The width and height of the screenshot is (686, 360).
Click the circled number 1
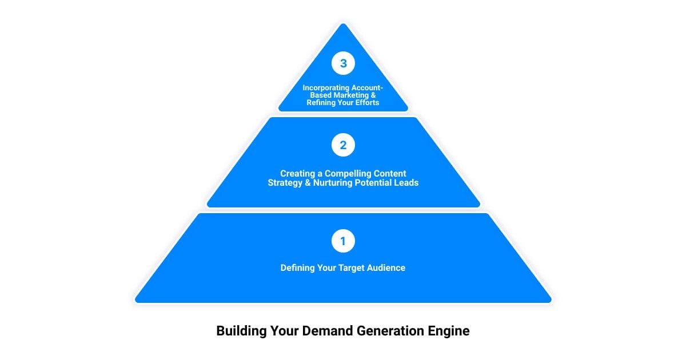(343, 241)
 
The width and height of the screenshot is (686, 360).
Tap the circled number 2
(343, 145)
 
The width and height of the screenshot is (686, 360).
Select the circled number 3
(343, 63)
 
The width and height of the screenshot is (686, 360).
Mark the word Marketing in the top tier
(356, 95)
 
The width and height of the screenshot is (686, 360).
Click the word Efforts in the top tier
(366, 102)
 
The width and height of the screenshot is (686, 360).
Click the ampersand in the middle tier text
(308, 183)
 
